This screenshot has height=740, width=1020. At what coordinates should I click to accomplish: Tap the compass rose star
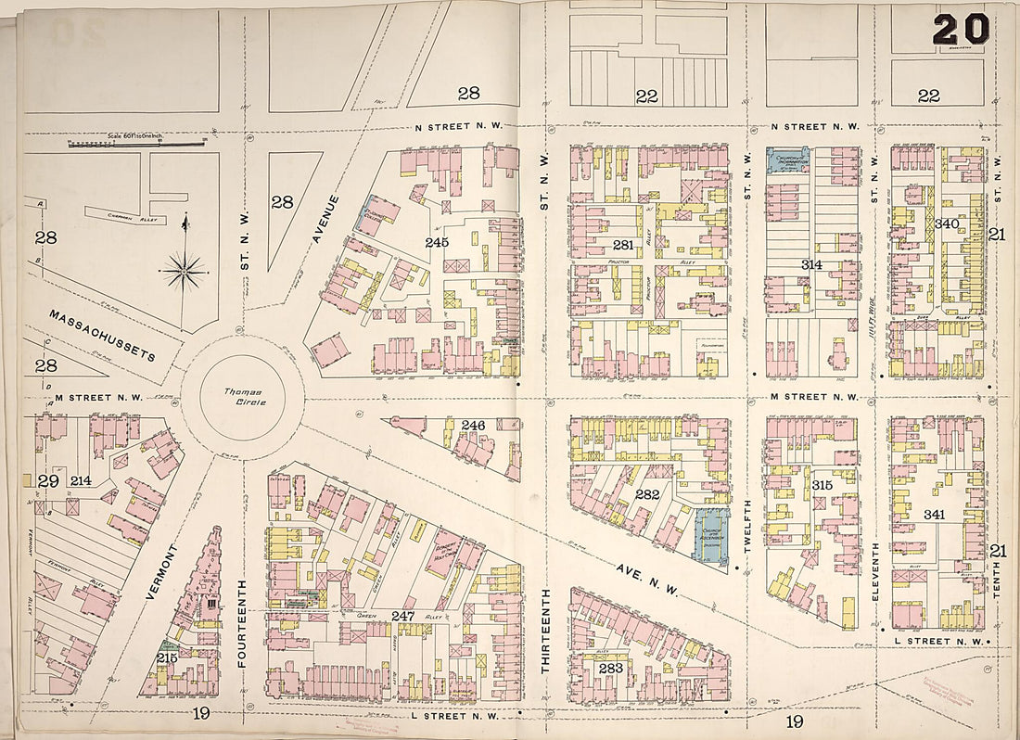[x=184, y=272]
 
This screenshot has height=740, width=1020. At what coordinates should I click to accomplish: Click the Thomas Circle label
[x=243, y=399]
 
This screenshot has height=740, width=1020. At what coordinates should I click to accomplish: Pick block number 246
[x=473, y=426]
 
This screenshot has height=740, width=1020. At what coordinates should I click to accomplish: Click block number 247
[x=402, y=615]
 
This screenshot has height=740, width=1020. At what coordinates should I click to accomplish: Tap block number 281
[x=622, y=245]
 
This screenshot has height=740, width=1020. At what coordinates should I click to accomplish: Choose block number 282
[x=646, y=494]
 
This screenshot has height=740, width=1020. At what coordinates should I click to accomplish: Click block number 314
[x=811, y=265]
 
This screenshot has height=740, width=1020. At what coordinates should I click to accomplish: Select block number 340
[x=946, y=223]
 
